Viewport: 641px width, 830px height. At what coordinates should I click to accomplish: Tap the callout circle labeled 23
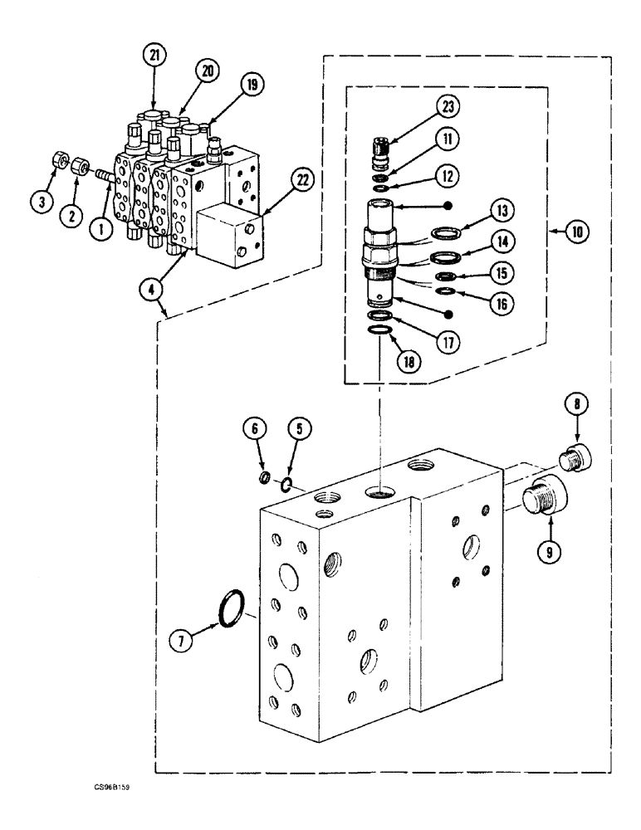(449, 107)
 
